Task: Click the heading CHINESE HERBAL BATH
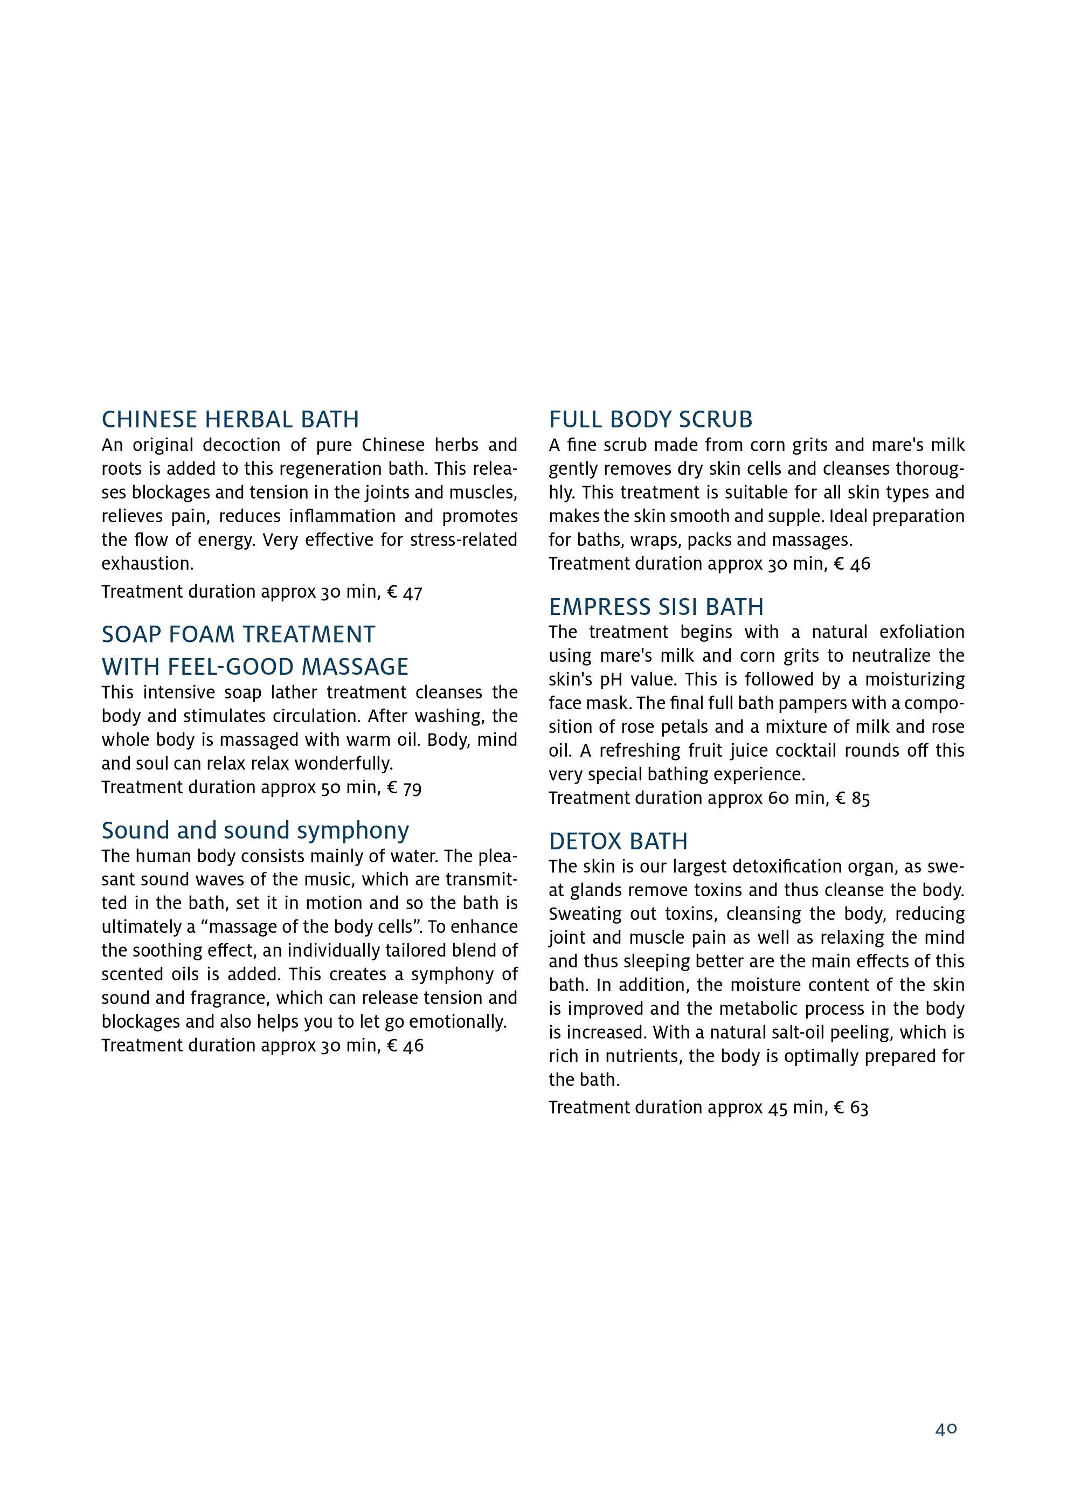(230, 419)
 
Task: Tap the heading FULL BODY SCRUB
(650, 419)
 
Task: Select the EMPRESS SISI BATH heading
(656, 607)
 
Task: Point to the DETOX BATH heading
(618, 841)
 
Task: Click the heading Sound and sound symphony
(255, 830)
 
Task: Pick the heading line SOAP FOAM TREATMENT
(238, 635)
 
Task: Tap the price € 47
(404, 592)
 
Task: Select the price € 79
(404, 787)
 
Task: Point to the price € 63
(851, 1108)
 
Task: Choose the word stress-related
(463, 540)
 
